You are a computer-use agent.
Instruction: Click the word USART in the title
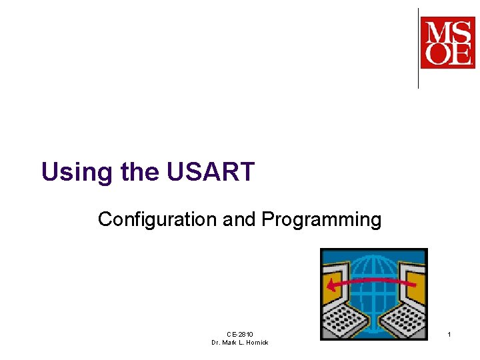pos(210,172)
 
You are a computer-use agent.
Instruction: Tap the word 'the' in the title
pos(141,172)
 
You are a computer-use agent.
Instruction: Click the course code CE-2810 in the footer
pos(239,334)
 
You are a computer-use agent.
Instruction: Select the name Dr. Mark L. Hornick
pos(239,343)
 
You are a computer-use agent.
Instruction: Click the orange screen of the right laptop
pos(415,283)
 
